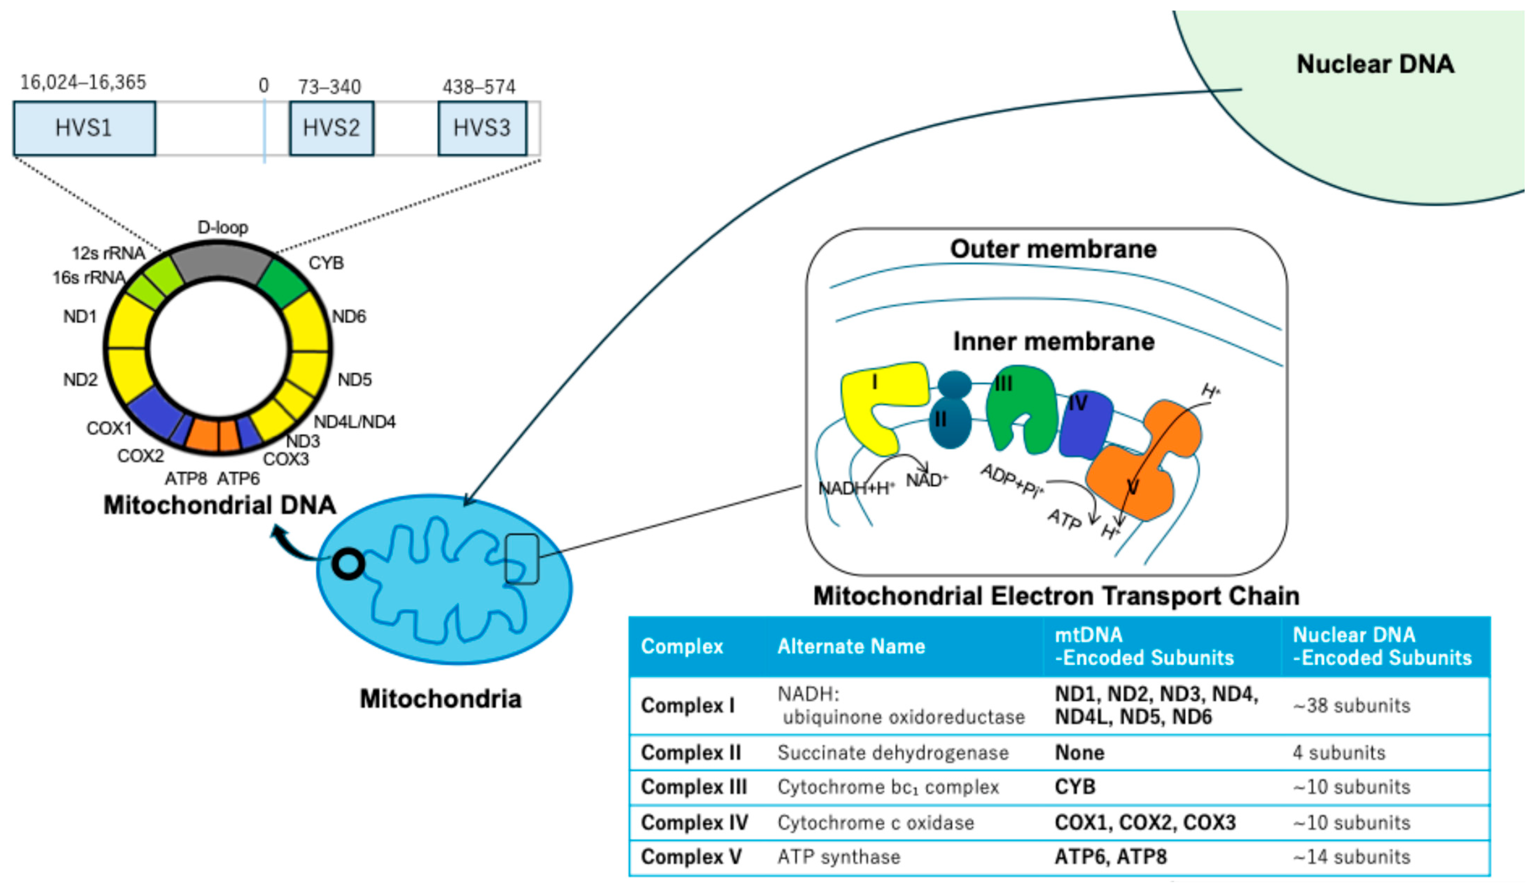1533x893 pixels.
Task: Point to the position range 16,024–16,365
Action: click(83, 83)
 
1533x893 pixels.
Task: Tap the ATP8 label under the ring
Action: click(185, 479)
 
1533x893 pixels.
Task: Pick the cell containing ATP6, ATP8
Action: click(1110, 857)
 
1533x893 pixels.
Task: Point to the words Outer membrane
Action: click(1053, 249)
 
